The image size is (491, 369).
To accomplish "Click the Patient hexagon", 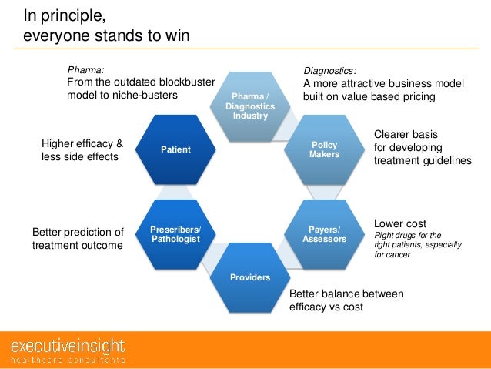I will pos(176,149).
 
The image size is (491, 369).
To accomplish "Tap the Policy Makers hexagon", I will pos(323,149).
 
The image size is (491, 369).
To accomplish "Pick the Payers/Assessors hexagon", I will pos(323,234).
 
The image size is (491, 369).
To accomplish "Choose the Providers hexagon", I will pos(249,277).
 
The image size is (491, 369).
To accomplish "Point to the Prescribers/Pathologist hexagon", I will pos(176,234).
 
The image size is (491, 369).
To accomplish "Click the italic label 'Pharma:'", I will pos(85,69).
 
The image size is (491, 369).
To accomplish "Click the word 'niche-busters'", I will pos(145,95).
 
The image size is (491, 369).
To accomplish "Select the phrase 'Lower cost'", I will pos(399,224).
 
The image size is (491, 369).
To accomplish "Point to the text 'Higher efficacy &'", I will pos(82,143).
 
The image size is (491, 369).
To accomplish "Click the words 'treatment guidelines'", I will pos(423,160).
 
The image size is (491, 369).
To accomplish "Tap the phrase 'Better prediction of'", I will pos(77,232).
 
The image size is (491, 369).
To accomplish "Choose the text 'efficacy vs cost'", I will pos(326,307).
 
